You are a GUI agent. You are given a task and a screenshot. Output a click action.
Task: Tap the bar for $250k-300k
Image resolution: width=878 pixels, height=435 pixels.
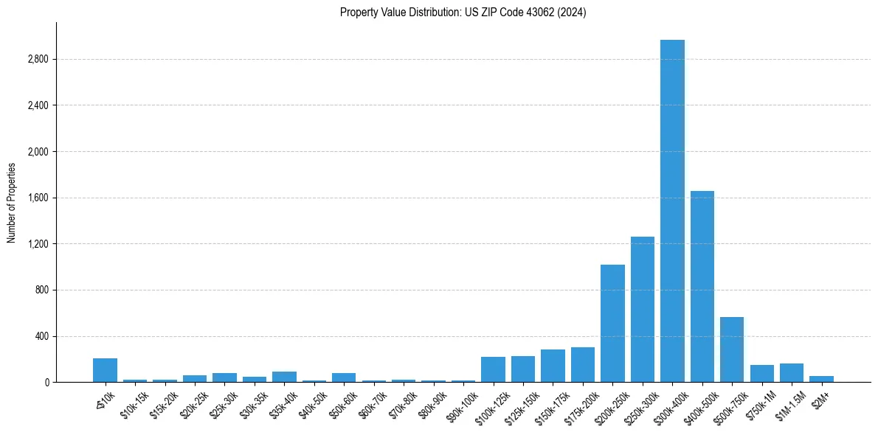click(x=643, y=310)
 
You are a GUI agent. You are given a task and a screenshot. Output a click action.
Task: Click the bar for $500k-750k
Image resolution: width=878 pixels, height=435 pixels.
click(x=732, y=349)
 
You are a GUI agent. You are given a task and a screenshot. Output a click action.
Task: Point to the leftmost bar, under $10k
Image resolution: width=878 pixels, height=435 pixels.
click(x=105, y=370)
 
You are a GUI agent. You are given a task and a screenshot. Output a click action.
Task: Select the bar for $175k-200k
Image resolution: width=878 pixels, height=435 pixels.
click(x=583, y=365)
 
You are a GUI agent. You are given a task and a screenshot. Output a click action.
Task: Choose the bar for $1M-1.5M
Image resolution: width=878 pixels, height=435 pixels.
click(x=792, y=373)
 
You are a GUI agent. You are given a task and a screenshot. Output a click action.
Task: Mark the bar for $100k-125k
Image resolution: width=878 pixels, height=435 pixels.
click(x=493, y=369)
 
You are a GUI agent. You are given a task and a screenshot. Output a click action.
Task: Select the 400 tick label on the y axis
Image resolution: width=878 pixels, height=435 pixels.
click(x=40, y=336)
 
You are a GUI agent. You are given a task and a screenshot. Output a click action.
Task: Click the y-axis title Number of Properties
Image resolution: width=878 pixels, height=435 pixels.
click(x=12, y=203)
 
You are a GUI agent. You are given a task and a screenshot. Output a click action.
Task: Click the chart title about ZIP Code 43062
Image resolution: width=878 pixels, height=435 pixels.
click(x=463, y=13)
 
